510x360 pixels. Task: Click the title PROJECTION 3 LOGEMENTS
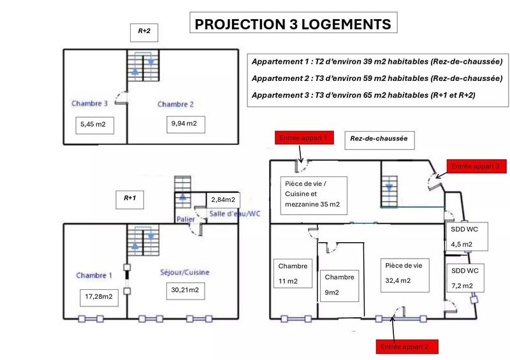(x=293, y=24)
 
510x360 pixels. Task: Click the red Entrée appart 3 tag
(x=478, y=166)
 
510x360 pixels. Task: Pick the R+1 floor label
(x=130, y=198)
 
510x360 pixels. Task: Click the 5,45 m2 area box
(x=93, y=126)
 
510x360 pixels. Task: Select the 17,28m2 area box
(x=99, y=296)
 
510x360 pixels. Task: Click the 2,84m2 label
(x=222, y=199)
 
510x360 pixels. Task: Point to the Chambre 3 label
(x=89, y=103)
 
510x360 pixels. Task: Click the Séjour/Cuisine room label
(x=184, y=272)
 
